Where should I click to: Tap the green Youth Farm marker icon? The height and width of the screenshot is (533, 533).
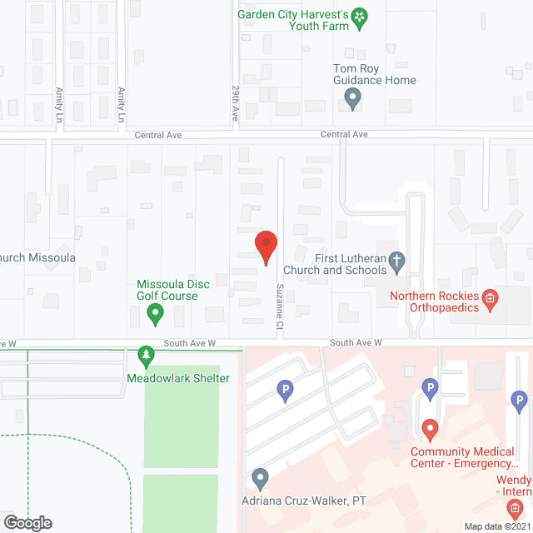click(359, 17)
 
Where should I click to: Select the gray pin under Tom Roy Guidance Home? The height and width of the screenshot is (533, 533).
click(352, 100)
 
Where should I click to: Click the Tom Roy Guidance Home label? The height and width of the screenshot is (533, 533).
click(374, 74)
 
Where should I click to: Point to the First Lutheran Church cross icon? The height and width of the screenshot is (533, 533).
click(397, 263)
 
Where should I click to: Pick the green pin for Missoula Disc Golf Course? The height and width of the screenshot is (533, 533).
click(154, 314)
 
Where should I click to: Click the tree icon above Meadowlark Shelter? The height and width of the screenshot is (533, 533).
click(147, 356)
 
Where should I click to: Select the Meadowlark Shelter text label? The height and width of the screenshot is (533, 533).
click(177, 378)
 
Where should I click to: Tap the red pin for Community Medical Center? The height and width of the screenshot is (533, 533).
click(430, 430)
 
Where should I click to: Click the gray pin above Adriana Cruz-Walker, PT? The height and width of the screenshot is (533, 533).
click(260, 479)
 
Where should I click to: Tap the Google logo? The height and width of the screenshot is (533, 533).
click(27, 522)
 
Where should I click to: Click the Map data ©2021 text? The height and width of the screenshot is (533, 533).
click(497, 526)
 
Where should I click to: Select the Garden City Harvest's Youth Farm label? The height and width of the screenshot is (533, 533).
click(291, 20)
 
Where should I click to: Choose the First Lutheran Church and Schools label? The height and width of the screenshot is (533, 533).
click(335, 263)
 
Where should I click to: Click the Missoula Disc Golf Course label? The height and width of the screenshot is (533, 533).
click(173, 290)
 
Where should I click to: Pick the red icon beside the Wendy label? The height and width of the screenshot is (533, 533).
click(516, 507)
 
